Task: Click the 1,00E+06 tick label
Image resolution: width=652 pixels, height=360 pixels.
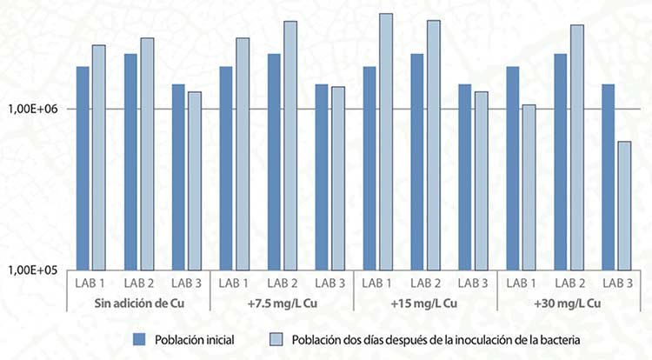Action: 32,109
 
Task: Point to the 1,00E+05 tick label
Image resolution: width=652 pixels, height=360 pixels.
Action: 32,270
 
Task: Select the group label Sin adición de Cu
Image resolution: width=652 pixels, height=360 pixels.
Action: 139,303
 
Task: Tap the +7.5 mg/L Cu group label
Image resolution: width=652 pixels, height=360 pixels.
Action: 283,303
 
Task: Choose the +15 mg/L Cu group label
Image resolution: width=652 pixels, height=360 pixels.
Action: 425,303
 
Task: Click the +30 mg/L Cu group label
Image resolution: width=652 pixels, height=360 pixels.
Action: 569,303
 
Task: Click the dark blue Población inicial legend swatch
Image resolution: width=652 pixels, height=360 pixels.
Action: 140,338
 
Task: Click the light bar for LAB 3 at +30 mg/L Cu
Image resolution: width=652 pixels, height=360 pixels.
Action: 624,205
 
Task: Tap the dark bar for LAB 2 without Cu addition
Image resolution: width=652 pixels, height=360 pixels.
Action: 131,162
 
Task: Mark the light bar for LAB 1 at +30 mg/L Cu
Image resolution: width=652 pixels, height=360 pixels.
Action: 529,187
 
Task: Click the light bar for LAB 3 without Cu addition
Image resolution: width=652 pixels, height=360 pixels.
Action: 195,181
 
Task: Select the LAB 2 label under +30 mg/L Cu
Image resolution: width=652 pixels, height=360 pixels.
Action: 569,283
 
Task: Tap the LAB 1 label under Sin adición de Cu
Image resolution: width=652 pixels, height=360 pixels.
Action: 91,283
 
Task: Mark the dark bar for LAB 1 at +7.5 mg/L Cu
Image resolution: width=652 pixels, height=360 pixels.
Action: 226,168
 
